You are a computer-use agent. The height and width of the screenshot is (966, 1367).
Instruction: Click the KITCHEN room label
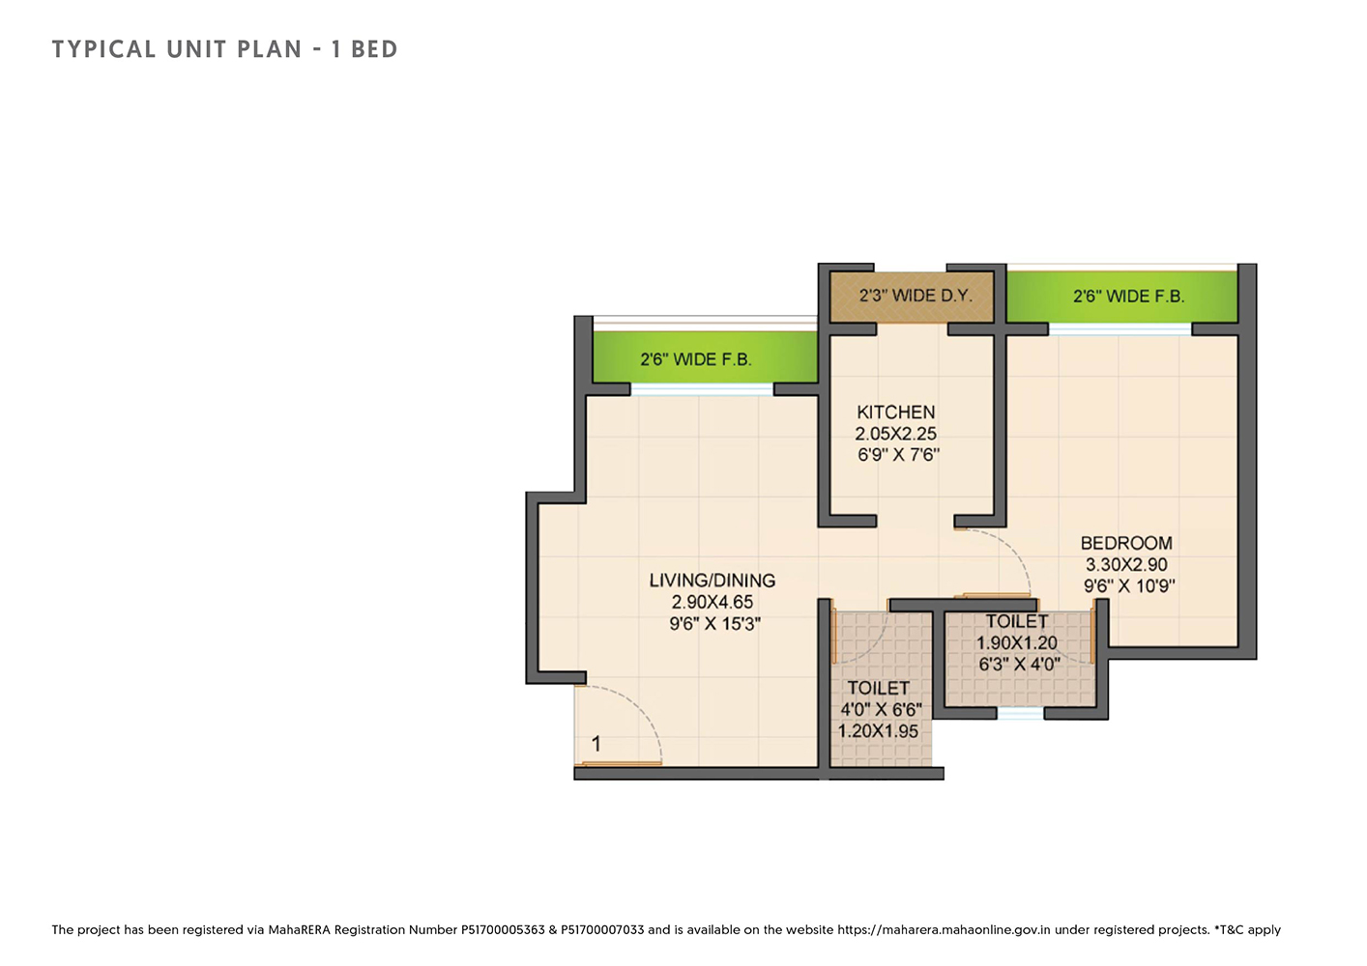pyautogui.click(x=896, y=412)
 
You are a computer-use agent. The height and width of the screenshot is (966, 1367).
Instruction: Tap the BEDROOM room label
pyautogui.click(x=1126, y=543)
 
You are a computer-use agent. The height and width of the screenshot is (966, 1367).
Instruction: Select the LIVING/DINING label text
pyautogui.click(x=713, y=581)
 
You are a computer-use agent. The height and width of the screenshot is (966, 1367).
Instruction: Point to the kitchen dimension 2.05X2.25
pyautogui.click(x=896, y=434)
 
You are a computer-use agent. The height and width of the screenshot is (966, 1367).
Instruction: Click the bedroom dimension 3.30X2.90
pyautogui.click(x=1126, y=565)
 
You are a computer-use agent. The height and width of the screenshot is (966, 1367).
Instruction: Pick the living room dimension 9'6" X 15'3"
pyautogui.click(x=715, y=624)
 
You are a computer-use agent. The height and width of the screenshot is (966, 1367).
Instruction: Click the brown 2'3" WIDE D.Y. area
pyautogui.click(x=912, y=297)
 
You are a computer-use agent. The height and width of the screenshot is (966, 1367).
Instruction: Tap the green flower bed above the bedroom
pyautogui.click(x=1121, y=297)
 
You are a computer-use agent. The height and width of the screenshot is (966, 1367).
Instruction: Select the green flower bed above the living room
pyautogui.click(x=705, y=358)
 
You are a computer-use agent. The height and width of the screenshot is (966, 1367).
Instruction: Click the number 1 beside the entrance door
pyautogui.click(x=596, y=744)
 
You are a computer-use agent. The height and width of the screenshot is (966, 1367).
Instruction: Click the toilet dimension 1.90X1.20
pyautogui.click(x=1017, y=642)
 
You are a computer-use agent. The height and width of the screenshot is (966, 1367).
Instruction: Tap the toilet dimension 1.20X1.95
pyautogui.click(x=878, y=731)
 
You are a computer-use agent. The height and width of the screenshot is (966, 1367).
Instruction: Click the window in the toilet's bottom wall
pyautogui.click(x=1020, y=714)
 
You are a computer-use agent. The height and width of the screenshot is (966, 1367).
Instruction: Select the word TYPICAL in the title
pyautogui.click(x=103, y=49)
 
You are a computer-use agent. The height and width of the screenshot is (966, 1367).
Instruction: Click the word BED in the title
pyautogui.click(x=374, y=49)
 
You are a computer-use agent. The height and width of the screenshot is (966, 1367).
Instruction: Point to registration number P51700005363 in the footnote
pyautogui.click(x=503, y=930)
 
